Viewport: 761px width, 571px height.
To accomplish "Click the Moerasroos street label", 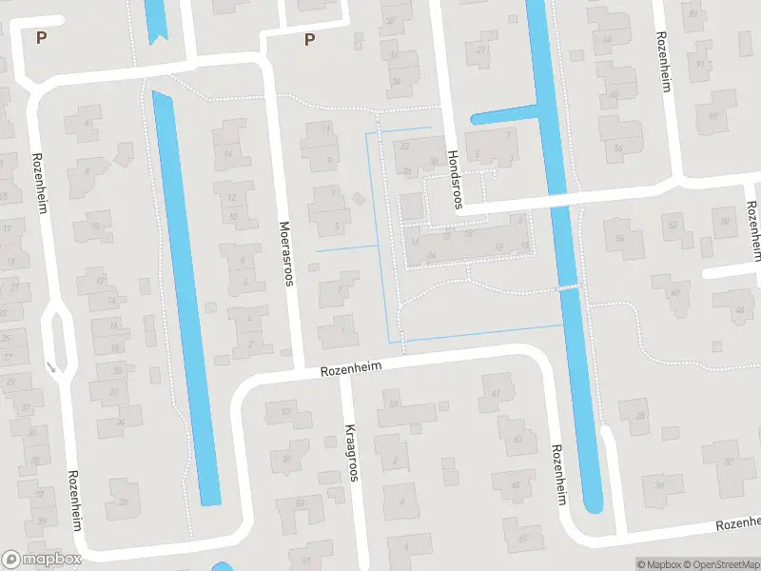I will [285, 254].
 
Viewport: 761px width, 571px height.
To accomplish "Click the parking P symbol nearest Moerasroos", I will [309, 39].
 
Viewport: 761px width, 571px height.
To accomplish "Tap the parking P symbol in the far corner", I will [40, 37].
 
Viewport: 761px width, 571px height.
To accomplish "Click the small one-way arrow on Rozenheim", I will [49, 364].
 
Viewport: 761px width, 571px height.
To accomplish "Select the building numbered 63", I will [517, 441].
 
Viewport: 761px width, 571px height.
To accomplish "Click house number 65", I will [517, 486].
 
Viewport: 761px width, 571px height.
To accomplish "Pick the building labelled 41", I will [495, 392].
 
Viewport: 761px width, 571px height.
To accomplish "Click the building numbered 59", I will [394, 404].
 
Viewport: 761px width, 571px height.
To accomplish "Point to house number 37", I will [40, 495].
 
